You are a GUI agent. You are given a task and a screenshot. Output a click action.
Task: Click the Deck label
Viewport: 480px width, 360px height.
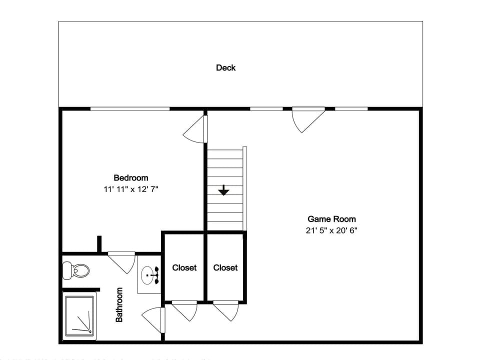[x=225, y=67]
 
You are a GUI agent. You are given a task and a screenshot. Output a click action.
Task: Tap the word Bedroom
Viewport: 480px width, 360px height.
[x=131, y=177]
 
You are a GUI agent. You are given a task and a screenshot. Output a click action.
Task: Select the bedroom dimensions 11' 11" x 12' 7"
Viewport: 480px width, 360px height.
[x=131, y=189]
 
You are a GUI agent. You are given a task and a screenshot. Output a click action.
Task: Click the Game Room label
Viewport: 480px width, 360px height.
[x=331, y=219]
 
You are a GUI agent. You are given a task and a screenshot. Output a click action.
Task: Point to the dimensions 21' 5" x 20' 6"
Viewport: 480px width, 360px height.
[x=332, y=230]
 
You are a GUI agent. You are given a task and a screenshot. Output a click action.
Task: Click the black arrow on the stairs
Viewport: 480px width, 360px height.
[x=223, y=190]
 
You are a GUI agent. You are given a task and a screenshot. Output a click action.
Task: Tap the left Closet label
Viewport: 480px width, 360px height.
[x=184, y=267]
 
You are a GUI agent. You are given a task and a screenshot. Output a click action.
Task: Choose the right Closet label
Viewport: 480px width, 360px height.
[x=225, y=267]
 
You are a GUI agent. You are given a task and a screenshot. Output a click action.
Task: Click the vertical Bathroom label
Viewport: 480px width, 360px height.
[x=119, y=304]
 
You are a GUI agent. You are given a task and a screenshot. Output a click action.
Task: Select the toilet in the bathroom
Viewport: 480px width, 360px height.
[x=76, y=271]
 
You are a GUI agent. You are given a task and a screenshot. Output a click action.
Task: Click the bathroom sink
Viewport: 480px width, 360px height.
[x=149, y=274]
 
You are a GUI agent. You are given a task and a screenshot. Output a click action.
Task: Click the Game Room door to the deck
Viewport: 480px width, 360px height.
[x=306, y=118]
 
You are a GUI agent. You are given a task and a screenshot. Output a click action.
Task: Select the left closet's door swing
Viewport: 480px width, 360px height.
[x=185, y=310]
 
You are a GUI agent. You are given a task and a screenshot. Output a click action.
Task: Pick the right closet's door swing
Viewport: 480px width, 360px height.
[x=226, y=310]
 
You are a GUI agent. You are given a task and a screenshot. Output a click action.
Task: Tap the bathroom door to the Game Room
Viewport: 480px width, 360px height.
[x=154, y=320]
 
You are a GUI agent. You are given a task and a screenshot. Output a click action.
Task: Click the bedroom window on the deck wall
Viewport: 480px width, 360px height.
[x=130, y=108]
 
